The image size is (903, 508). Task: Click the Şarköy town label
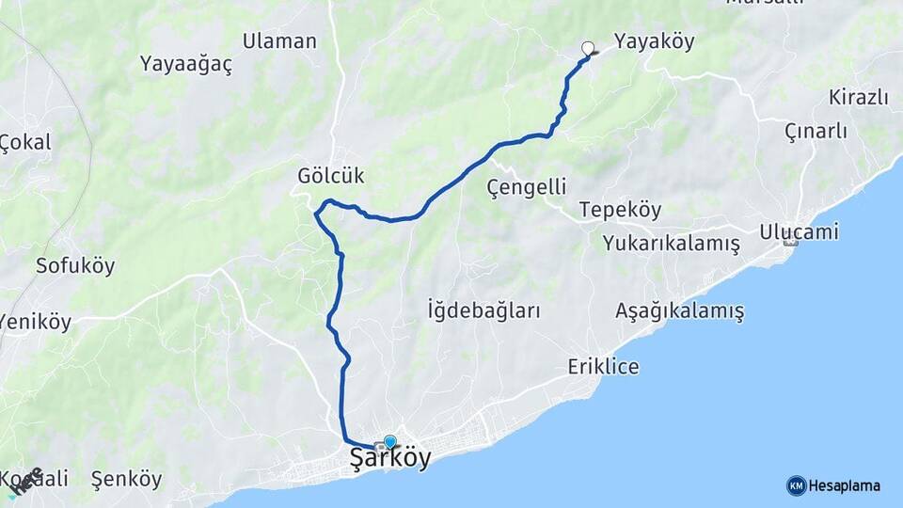390,459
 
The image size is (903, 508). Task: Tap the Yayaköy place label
654,41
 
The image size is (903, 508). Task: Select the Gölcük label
330,176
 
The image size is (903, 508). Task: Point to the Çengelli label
527,188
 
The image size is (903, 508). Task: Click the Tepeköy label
620,210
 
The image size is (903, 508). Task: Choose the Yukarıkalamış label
672,243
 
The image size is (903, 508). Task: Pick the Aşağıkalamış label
679,310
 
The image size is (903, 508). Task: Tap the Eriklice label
603,367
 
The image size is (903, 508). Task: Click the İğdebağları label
483,310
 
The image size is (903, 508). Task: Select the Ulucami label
800,231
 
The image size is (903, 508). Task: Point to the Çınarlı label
816,132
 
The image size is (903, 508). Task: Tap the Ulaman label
279,41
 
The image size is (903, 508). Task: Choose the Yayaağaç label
186,64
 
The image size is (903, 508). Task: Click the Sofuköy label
75,265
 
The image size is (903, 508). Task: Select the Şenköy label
126,479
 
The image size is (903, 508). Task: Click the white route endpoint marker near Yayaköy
589,49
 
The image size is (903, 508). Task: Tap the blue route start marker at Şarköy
389,441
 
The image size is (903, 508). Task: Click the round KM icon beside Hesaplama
796,485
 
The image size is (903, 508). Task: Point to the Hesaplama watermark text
844,486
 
